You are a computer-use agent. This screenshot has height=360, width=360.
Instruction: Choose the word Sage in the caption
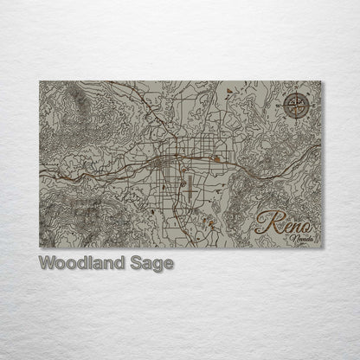pyautogui.click(x=154, y=261)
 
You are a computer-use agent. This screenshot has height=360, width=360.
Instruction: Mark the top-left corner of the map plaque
pyautogui.click(x=40, y=80)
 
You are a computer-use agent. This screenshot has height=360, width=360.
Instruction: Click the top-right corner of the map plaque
pyautogui.click(x=320, y=80)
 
